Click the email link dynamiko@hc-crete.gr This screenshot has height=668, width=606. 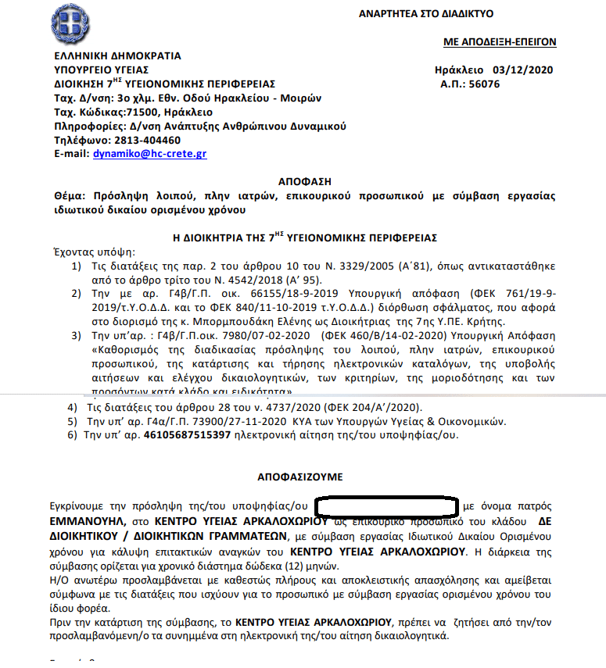point(149,154)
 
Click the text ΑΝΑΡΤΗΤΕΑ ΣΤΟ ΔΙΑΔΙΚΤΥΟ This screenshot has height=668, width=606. point(426,14)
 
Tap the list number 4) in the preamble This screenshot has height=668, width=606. point(72,407)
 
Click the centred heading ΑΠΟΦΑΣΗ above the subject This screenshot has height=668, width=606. point(303,180)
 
